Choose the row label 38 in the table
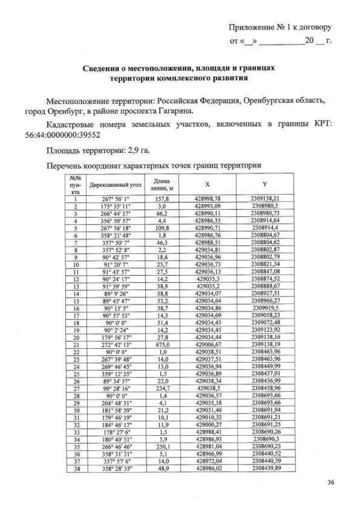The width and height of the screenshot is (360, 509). [75, 467]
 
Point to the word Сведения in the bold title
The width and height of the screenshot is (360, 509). [103, 68]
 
